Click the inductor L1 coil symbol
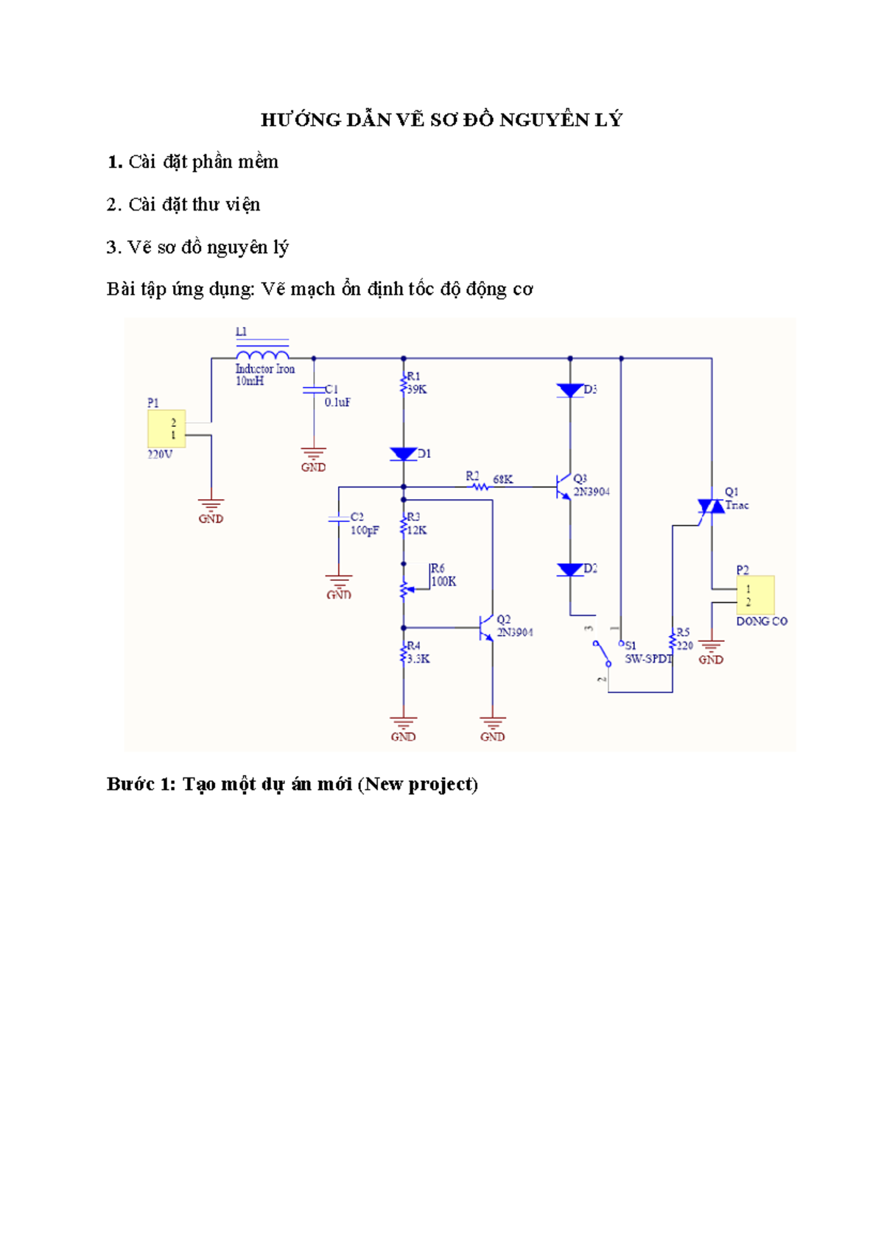262,356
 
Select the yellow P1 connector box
166,428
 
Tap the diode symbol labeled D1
404,454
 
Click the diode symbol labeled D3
570,390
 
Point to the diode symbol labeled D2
570,569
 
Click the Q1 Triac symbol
711,506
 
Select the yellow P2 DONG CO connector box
755,595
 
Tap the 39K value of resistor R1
417,389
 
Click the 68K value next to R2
502,479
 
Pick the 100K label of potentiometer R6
443,582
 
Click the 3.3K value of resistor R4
418,659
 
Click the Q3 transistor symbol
564,487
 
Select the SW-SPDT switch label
648,659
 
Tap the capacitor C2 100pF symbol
339,520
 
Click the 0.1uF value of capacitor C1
337,403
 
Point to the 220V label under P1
160,455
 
